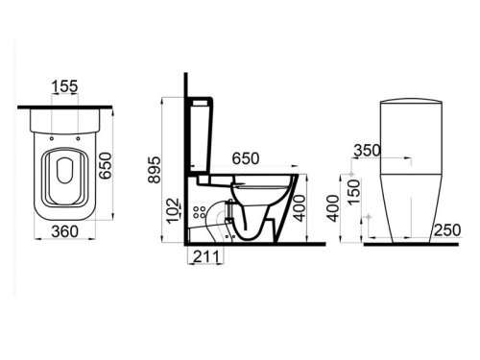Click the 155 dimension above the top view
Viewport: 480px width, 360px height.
(65, 87)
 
